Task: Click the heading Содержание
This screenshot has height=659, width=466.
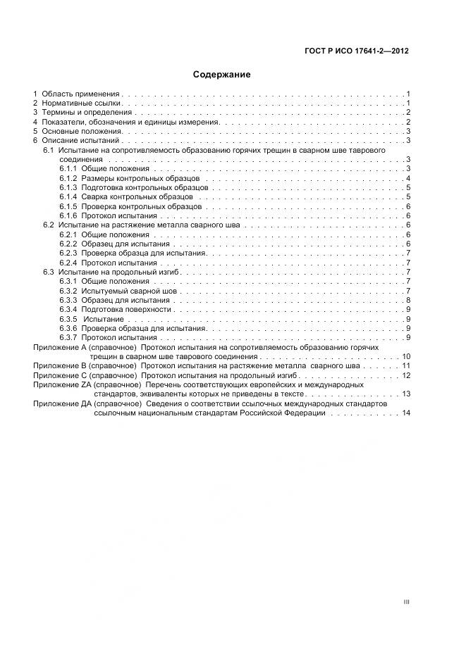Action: [222, 75]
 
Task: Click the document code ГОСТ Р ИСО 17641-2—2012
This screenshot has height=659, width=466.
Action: [365, 51]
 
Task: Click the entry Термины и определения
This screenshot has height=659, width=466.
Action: [87, 113]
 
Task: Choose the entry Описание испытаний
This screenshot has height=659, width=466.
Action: [80, 141]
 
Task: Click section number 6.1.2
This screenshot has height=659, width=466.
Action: [68, 179]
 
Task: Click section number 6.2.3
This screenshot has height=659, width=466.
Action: [68, 253]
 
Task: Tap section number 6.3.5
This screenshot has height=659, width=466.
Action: [68, 319]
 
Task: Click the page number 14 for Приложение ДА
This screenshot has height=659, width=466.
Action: [405, 413]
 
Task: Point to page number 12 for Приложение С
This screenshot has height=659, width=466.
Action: [405, 375]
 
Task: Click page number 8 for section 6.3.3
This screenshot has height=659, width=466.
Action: [408, 300]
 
